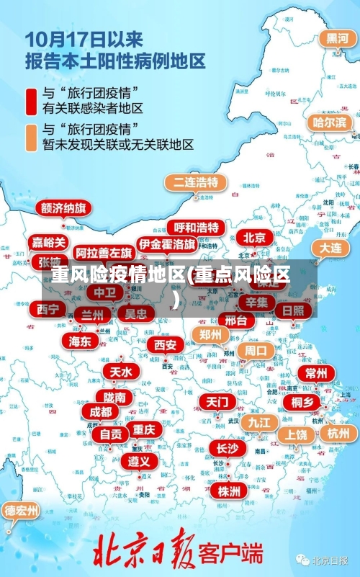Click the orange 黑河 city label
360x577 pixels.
coord(338,38)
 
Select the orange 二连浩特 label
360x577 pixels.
coord(195,182)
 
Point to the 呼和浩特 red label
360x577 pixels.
coord(196,228)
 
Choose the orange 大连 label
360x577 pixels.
coord(330,247)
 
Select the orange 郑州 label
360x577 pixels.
coord(210,334)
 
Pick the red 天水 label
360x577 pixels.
coord(121,372)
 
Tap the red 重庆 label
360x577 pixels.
coord(144,429)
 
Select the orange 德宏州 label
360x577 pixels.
coord(21,511)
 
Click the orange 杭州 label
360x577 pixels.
coord(338,433)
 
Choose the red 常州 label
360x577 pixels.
coord(315,373)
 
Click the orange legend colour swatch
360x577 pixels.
coord(32,137)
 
